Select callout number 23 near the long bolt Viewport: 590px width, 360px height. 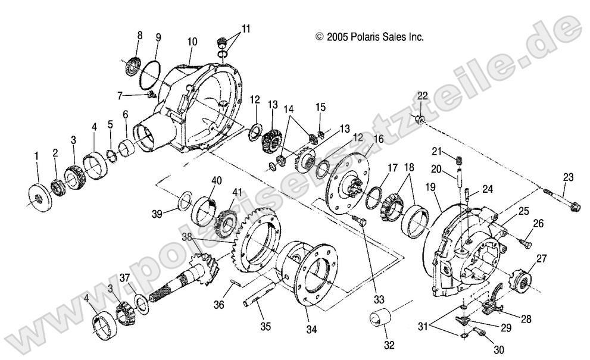point(568,176)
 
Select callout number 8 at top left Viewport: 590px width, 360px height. point(140,36)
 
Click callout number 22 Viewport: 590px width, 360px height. point(422,96)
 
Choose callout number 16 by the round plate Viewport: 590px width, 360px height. point(361,140)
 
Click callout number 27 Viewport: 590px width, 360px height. point(541,258)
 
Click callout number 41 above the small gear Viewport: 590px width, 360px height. point(238,192)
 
